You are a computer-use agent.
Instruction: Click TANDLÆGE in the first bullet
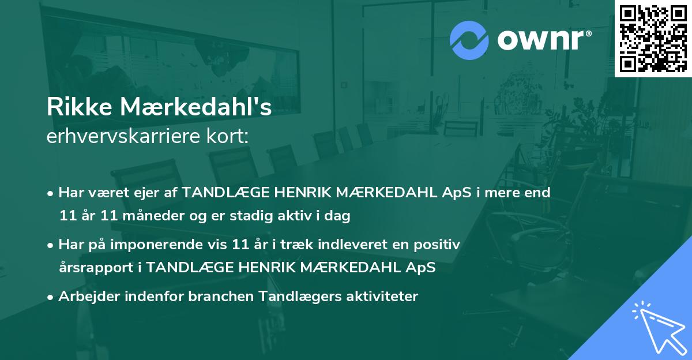[219, 192]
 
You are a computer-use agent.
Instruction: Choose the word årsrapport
[97, 268]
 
